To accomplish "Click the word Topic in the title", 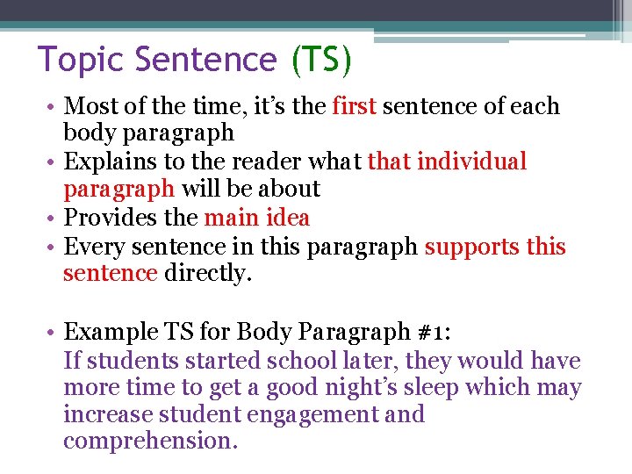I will pyautogui.click(x=80, y=61).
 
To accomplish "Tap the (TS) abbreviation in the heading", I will pyautogui.click(x=321, y=61).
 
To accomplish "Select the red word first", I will pyautogui.click(x=355, y=106).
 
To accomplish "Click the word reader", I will pyautogui.click(x=265, y=162).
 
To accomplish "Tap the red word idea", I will pyautogui.click(x=288, y=218).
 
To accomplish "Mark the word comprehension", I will pyautogui.click(x=150, y=442).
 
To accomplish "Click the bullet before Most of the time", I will pyautogui.click(x=54, y=107).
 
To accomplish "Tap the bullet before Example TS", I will pyautogui.click(x=54, y=332).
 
